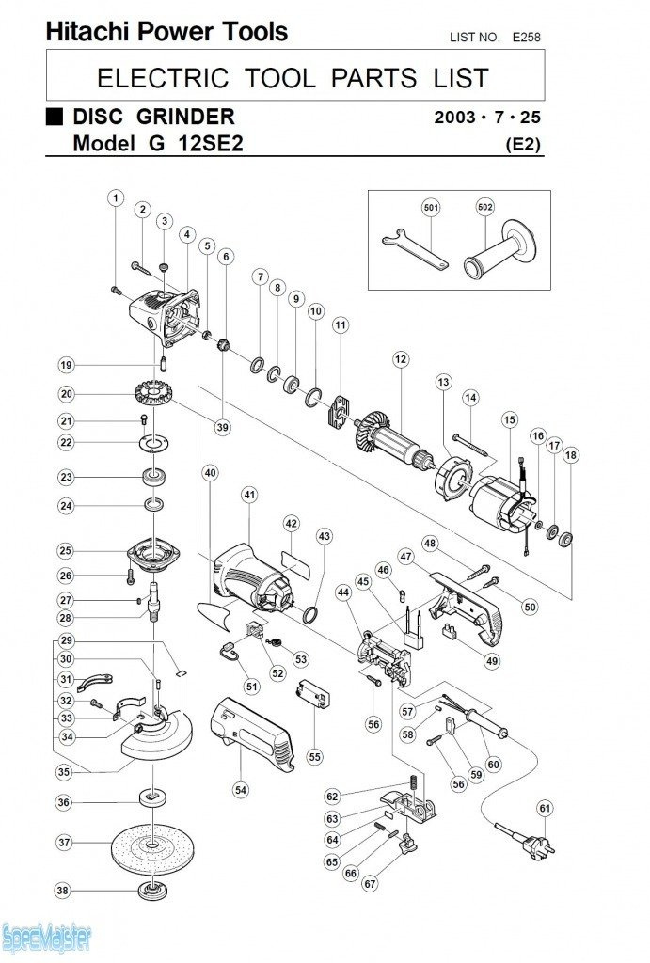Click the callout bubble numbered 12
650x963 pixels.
pyautogui.click(x=401, y=358)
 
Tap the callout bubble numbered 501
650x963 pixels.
pyautogui.click(x=431, y=206)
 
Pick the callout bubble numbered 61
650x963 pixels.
pyautogui.click(x=546, y=808)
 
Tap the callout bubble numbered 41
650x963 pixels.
pyautogui.click(x=248, y=495)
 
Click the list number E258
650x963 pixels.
pyautogui.click(x=526, y=37)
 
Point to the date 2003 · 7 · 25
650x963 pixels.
pyautogui.click(x=488, y=118)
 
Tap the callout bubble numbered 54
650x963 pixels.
pyautogui.click(x=242, y=790)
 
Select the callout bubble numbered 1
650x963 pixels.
pyautogui.click(x=115, y=197)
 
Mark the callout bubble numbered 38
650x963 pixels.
pyautogui.click(x=63, y=891)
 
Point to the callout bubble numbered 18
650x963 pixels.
pyautogui.click(x=570, y=455)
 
